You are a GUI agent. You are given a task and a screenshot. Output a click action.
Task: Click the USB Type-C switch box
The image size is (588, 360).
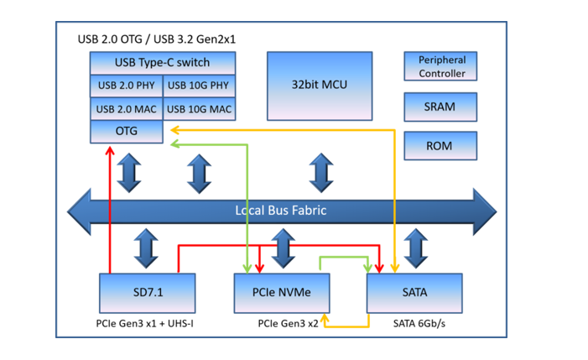(163, 63)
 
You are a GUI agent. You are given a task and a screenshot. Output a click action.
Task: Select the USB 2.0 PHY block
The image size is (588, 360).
(127, 86)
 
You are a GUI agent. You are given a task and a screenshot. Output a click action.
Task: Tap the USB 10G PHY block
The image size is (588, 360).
(199, 86)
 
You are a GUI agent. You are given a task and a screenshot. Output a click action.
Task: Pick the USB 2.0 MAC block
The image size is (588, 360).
(127, 109)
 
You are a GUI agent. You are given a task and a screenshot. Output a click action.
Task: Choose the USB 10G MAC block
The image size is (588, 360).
(199, 109)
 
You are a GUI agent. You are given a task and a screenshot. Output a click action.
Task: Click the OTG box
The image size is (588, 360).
(127, 131)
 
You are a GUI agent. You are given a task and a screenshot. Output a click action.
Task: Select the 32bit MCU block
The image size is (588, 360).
(320, 86)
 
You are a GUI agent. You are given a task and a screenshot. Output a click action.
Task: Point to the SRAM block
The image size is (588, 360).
(440, 107)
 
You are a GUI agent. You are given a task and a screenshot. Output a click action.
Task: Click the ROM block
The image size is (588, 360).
(440, 146)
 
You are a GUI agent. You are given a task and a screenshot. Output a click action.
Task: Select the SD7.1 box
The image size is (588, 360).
(147, 293)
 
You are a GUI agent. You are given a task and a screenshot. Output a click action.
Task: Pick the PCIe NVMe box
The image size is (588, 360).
(281, 293)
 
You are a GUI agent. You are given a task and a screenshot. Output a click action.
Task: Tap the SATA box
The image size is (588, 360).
(414, 293)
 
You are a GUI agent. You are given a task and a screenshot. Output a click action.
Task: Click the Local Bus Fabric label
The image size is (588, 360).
(280, 211)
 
